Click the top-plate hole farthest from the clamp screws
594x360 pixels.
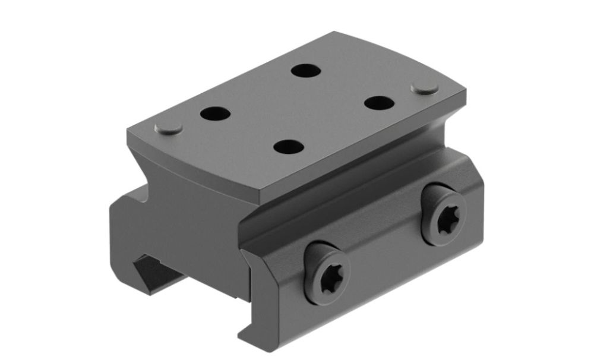307,70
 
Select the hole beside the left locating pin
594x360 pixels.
215,113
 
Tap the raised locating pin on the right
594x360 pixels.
425,88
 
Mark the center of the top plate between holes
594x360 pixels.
297,108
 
